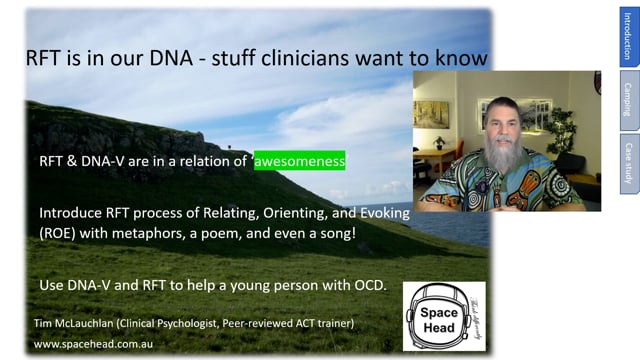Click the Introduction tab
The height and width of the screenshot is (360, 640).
point(627,36)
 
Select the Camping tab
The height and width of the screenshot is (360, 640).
point(627,99)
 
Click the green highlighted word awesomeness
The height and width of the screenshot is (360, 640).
point(299,160)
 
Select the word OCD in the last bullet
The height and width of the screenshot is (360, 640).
point(366,286)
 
